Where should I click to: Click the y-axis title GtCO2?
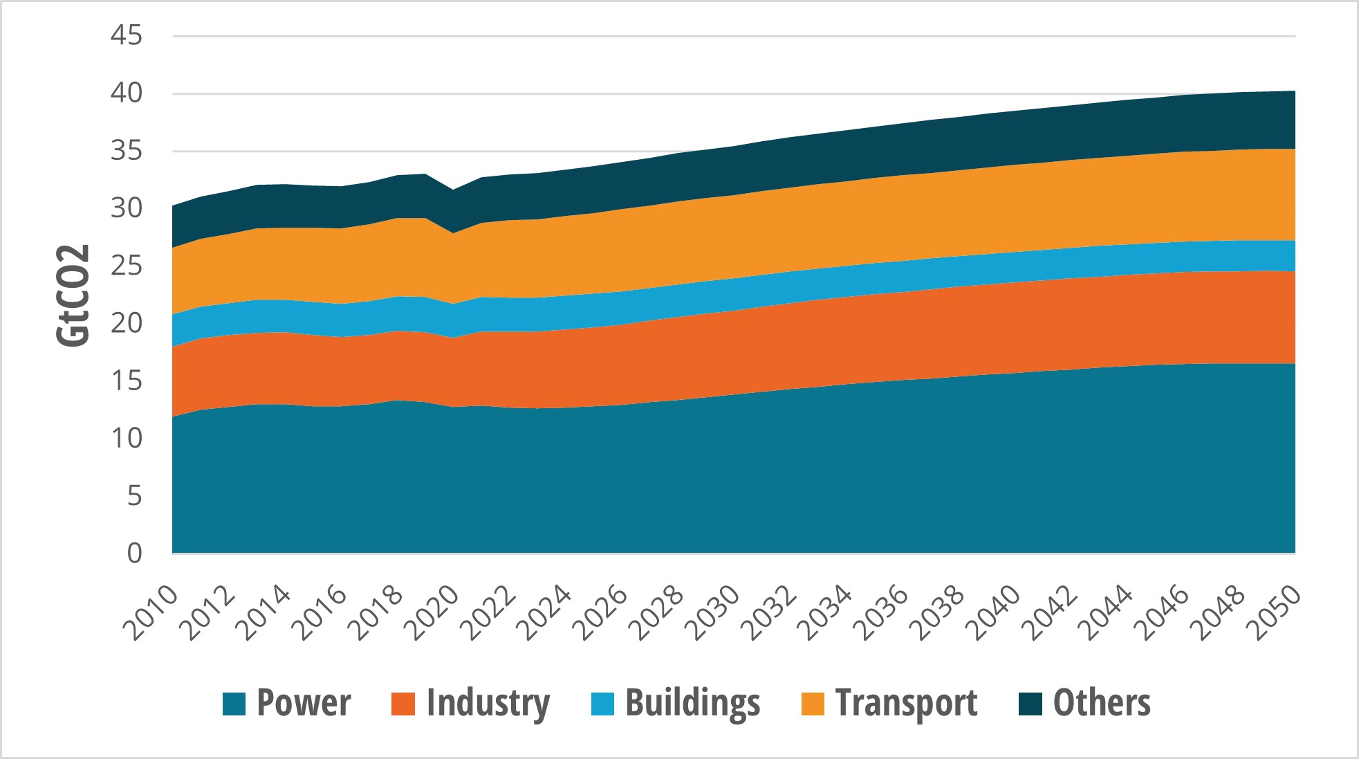(73, 295)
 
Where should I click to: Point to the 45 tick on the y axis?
(126, 35)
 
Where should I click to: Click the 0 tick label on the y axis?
(134, 553)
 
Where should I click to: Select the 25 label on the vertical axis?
(126, 266)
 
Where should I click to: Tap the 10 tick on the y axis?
(126, 438)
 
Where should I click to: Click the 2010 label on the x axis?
(150, 614)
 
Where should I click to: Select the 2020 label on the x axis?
(432, 614)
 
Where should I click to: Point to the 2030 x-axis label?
(712, 614)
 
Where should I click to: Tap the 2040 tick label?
(993, 614)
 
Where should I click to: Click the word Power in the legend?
(304, 703)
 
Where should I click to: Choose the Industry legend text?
(488, 703)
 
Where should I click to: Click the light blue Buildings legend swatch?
(603, 704)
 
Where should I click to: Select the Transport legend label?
(906, 703)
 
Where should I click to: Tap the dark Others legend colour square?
(1030, 704)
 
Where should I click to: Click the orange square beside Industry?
(403, 704)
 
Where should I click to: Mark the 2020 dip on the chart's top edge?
(453, 190)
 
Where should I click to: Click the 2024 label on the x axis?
(544, 614)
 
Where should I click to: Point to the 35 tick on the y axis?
(126, 151)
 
